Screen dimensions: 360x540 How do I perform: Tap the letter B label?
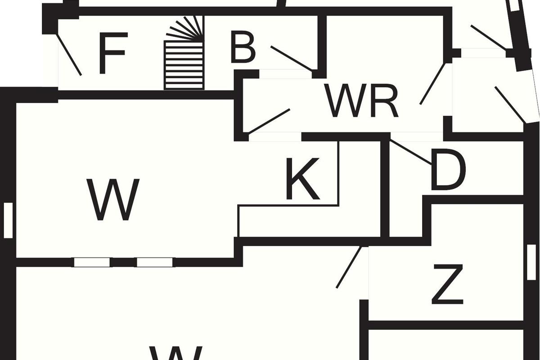tap(243, 47)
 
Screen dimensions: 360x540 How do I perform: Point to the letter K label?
tap(303, 179)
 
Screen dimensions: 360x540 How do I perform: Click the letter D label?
tap(448, 170)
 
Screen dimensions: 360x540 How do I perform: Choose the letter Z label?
tap(447, 284)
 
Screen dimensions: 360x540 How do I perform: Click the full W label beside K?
tap(113, 199)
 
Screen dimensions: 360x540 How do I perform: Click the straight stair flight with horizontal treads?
tap(184, 65)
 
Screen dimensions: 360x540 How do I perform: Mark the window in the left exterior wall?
tap(8, 220)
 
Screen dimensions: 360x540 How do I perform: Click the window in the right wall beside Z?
tap(531, 262)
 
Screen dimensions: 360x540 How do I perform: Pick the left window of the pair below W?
tap(92, 262)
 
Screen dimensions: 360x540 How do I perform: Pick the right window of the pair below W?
tap(154, 262)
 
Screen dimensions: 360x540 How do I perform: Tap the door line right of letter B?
tap(291, 58)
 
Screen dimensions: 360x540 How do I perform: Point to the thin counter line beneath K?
tap(288, 206)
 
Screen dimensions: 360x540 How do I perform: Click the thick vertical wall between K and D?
tap(385, 189)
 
